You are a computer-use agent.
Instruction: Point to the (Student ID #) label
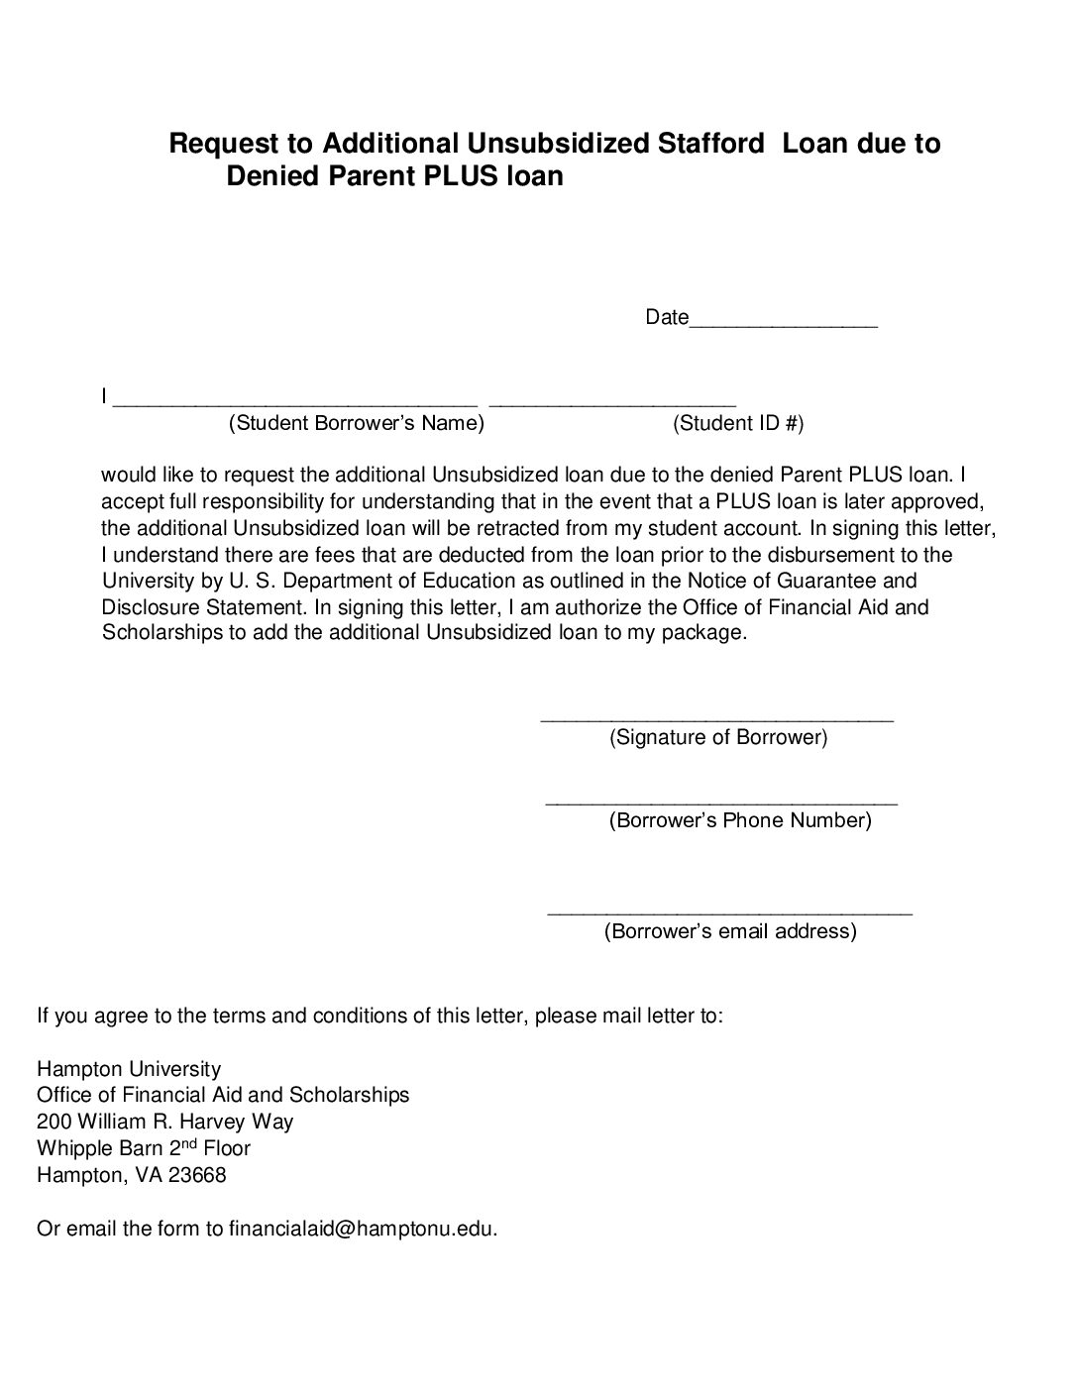[x=738, y=424]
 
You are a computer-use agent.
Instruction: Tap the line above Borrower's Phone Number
[x=721, y=803]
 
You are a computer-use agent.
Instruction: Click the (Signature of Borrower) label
[x=718, y=737]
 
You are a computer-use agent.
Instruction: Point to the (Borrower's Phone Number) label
[x=740, y=820]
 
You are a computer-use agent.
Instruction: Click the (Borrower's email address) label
[x=730, y=931]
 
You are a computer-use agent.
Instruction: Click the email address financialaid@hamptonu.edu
[x=362, y=1230]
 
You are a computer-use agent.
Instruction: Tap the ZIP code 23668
[x=195, y=1176]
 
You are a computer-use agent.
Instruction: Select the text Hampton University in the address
[x=129, y=1069]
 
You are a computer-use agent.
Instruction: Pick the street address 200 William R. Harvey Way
[x=164, y=1123]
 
